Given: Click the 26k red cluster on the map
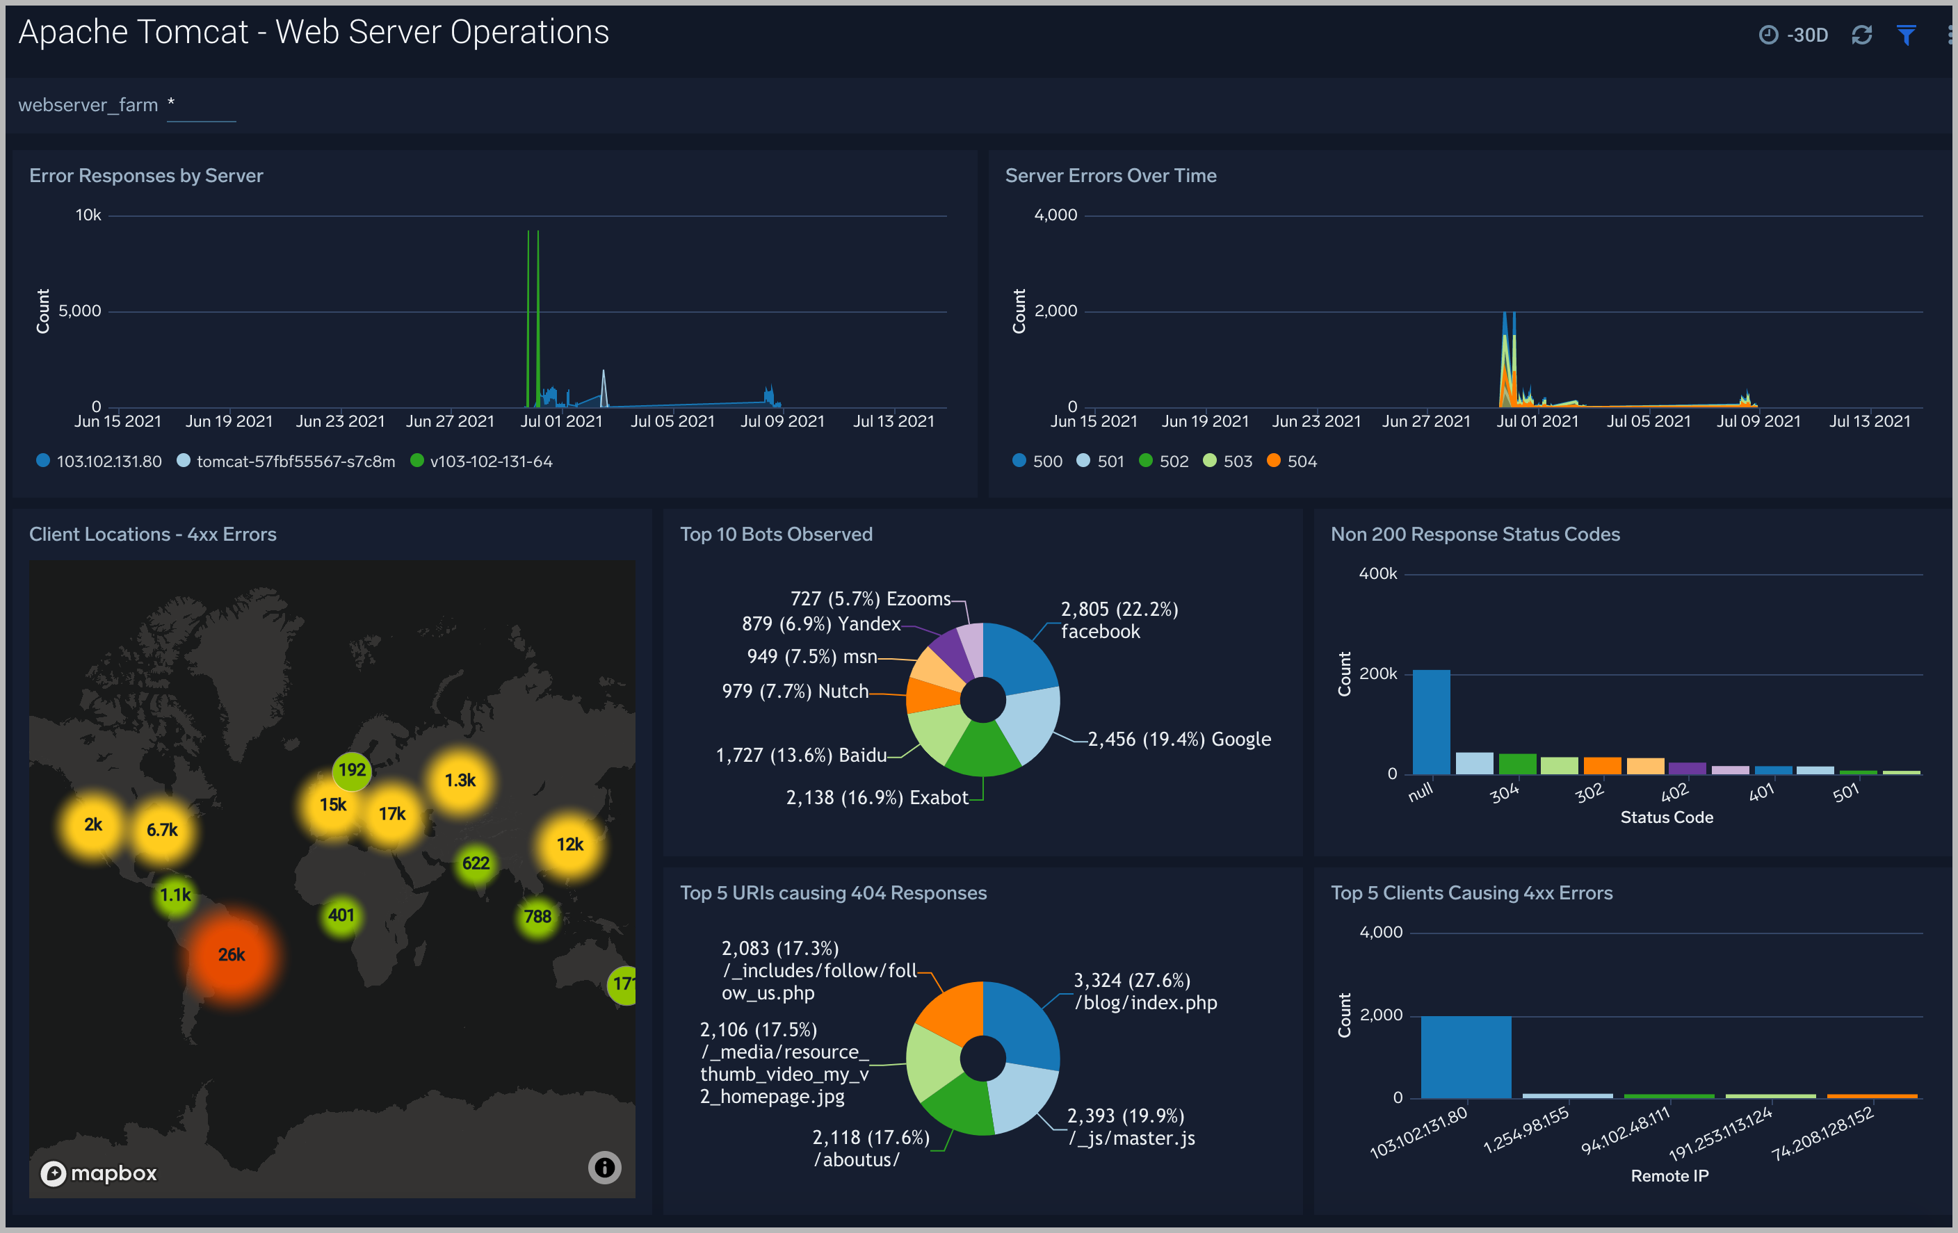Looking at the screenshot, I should coord(232,955).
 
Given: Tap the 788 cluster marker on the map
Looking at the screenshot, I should coord(537,917).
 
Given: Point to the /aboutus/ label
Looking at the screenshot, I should coord(857,1160).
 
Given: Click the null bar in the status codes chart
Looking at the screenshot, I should coord(1430,721).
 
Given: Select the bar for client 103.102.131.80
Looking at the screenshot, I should coord(1465,1056).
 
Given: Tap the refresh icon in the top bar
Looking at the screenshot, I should coord(1861,35).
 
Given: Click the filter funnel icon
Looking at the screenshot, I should coord(1906,35).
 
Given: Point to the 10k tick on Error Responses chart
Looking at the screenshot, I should coord(88,215).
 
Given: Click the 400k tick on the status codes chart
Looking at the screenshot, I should coord(1377,574).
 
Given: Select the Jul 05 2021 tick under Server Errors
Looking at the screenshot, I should coord(1648,422).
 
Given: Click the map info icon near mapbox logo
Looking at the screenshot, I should coord(604,1168).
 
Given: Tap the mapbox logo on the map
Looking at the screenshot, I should coord(99,1173).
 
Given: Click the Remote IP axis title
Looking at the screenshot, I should coord(1669,1176).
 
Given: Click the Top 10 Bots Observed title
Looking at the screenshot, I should coord(776,534).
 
